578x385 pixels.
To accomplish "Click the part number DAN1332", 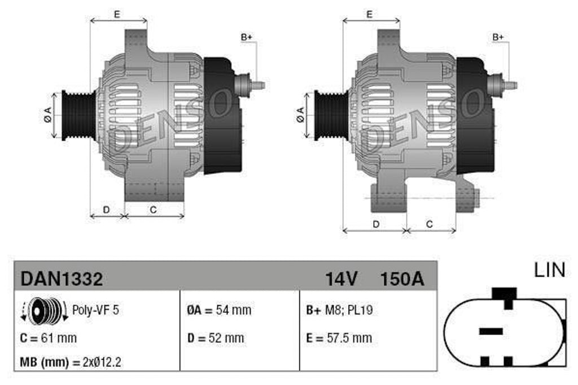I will click(x=62, y=278).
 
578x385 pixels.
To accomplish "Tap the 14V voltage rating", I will click(x=341, y=278).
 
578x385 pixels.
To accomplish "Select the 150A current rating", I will click(x=402, y=278).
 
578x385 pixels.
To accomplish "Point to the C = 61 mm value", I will click(x=48, y=338).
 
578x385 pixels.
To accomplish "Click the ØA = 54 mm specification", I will click(x=219, y=310).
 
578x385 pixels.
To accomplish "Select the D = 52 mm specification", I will click(x=216, y=338).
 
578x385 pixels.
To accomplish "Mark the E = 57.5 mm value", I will click(x=339, y=338).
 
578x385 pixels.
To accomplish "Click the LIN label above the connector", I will click(x=549, y=270).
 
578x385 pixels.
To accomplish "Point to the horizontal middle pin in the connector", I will click(x=491, y=331).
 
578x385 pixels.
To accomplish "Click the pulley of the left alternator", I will click(x=76, y=115).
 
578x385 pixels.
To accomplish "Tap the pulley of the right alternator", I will click(x=329, y=115).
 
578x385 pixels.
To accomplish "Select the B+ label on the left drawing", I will click(x=247, y=37).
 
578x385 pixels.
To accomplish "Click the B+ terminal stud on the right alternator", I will click(x=508, y=85).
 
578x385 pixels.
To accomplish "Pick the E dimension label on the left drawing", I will click(x=117, y=14).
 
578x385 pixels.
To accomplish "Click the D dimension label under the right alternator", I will click(x=376, y=224).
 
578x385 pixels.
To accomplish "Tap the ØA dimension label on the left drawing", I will click(x=48, y=115).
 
